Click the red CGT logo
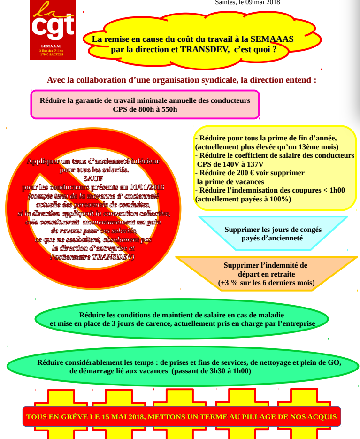coord(53,29)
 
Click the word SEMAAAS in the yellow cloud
coord(272,39)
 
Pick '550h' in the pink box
coord(168,109)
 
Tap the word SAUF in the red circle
coord(93,178)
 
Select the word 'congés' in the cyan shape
coord(310,230)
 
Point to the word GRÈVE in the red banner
coord(73,416)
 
